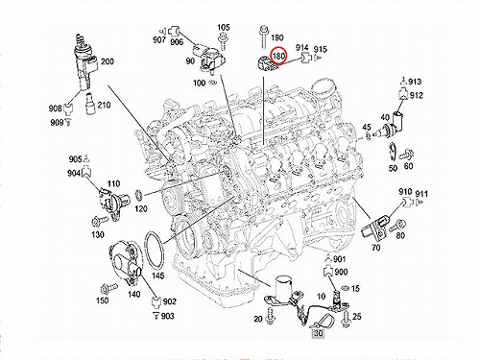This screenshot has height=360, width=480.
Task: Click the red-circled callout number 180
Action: [278, 57]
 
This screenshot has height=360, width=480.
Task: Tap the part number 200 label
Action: [108, 61]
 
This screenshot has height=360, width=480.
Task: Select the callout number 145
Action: [157, 276]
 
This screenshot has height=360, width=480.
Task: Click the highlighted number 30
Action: [318, 333]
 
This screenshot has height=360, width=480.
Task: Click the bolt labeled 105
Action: [223, 43]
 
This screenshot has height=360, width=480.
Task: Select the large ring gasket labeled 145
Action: [155, 252]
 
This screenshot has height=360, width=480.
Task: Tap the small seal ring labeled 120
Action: [139, 194]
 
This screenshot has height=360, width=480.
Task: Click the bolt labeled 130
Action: [100, 221]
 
